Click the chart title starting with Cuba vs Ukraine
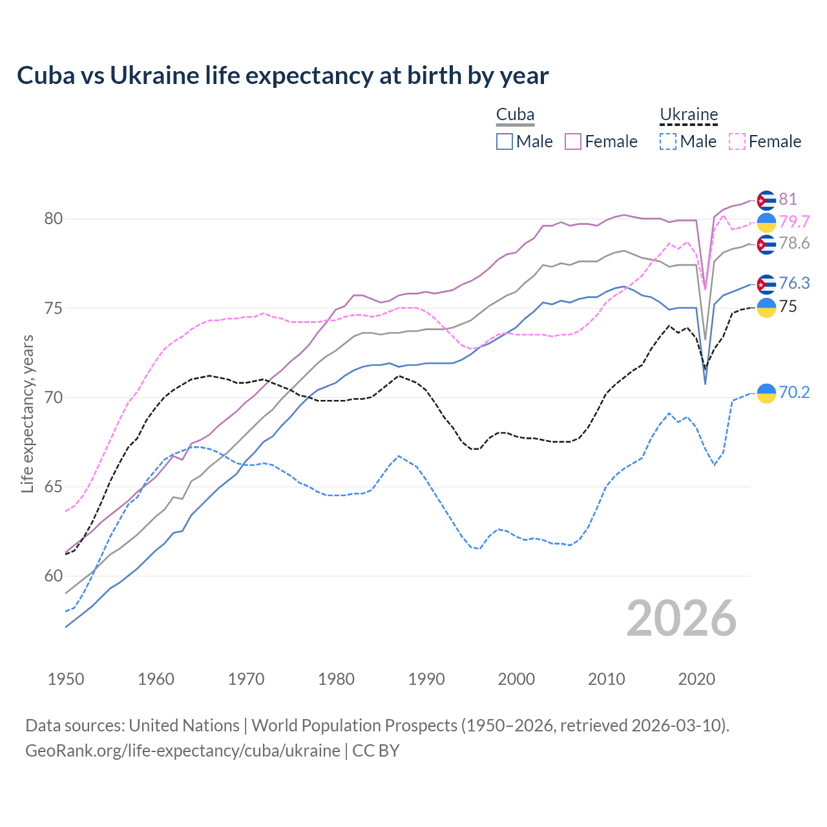pyautogui.click(x=282, y=76)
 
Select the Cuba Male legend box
pyautogui.click(x=505, y=141)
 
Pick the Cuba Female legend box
pyautogui.click(x=573, y=141)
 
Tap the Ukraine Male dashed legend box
pyautogui.click(x=668, y=141)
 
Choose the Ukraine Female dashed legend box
pyautogui.click(x=737, y=141)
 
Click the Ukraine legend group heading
pyautogui.click(x=689, y=115)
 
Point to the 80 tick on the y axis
pyautogui.click(x=54, y=219)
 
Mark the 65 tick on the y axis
pyautogui.click(x=54, y=487)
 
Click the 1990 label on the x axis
pyautogui.click(x=426, y=679)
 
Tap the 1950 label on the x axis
pyautogui.click(x=66, y=679)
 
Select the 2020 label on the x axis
pyautogui.click(x=696, y=679)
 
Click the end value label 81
pyautogui.click(x=788, y=199)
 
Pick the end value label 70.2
pyautogui.click(x=794, y=392)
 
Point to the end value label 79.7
pyautogui.click(x=794, y=222)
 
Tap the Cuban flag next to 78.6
pyautogui.click(x=766, y=244)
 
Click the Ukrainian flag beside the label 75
pyautogui.click(x=766, y=308)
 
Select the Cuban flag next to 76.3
pyautogui.click(x=766, y=284)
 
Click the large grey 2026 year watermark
pyautogui.click(x=681, y=618)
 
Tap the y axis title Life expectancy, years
pyautogui.click(x=28, y=413)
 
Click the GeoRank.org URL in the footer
pyautogui.click(x=183, y=751)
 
